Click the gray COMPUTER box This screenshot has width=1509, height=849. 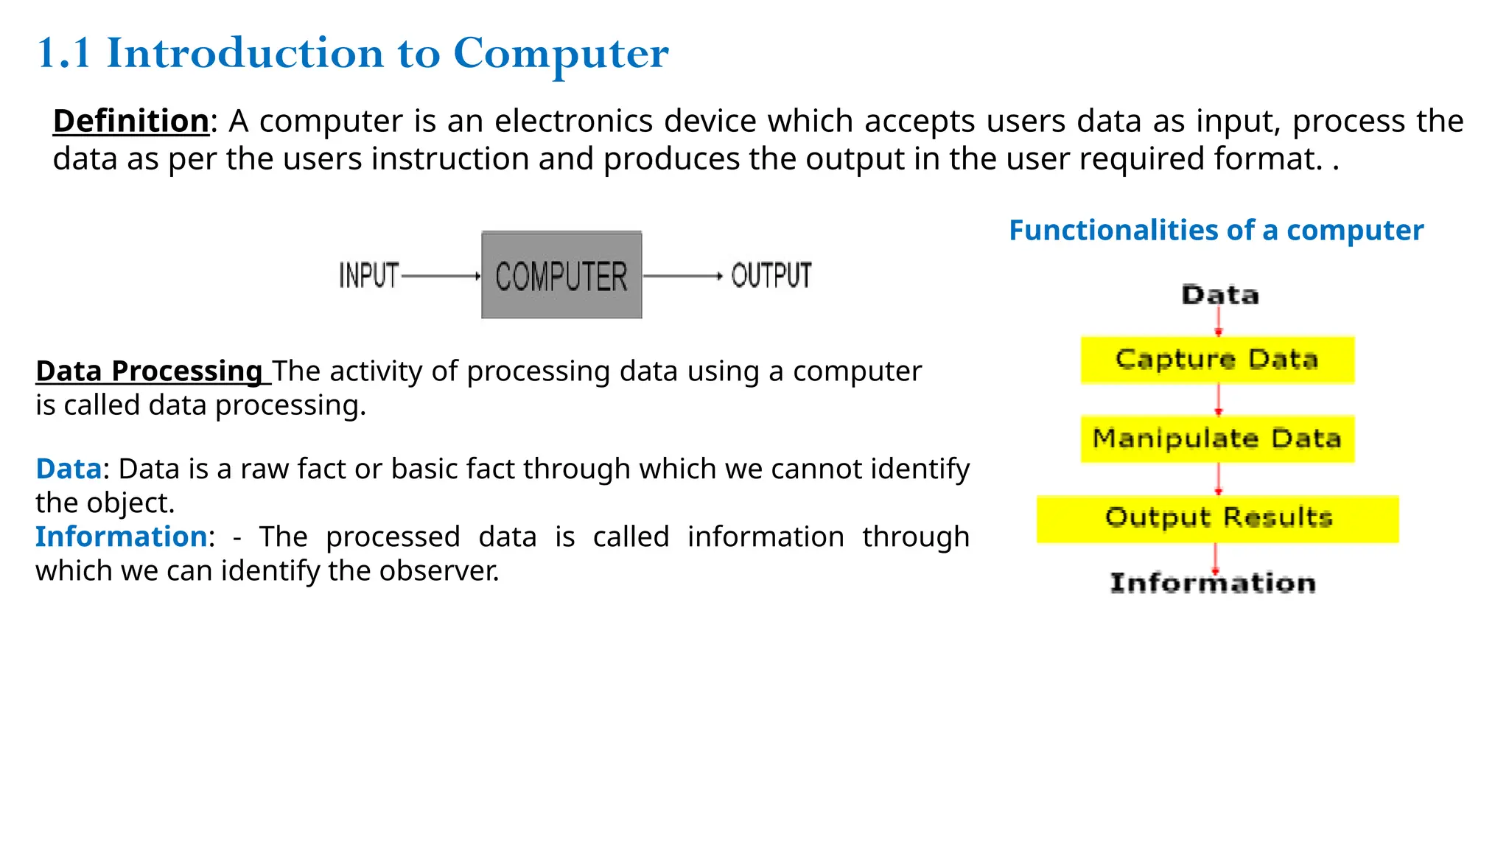[x=561, y=275]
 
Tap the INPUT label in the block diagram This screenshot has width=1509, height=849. [x=368, y=276]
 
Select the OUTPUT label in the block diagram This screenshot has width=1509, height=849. [x=771, y=276]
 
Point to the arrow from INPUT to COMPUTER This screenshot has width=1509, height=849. [x=441, y=276]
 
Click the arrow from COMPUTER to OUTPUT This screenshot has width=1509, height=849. [x=682, y=276]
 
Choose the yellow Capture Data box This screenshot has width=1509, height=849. [x=1217, y=360]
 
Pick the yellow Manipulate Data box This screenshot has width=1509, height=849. [x=1217, y=439]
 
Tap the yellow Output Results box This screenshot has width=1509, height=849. [x=1217, y=519]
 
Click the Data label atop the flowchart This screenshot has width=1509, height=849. [x=1220, y=295]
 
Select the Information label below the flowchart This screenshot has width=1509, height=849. [x=1213, y=583]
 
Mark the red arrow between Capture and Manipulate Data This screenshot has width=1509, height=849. [x=1218, y=399]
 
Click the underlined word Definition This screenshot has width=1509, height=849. [x=131, y=121]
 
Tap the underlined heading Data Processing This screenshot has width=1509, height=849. [x=150, y=371]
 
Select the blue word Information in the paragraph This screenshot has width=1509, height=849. [x=122, y=537]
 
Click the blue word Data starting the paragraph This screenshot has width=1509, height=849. [x=69, y=469]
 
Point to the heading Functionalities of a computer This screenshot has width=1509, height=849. [x=1216, y=231]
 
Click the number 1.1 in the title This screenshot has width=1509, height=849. [x=63, y=54]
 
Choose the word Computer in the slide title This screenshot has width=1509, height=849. [x=561, y=54]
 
